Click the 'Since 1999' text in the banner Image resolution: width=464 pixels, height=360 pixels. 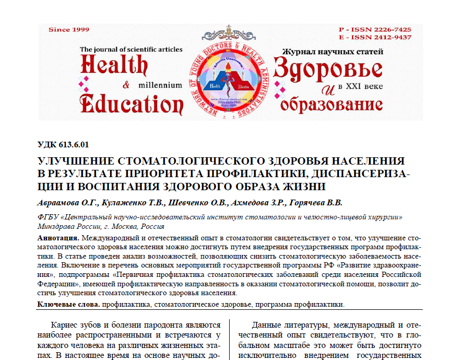point(68,30)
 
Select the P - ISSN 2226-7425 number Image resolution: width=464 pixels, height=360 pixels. point(375,29)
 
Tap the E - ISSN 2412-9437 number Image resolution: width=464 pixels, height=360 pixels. point(375,37)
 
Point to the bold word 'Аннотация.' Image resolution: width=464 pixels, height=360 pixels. point(59,238)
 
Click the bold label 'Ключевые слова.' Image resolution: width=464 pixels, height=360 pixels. point(69,304)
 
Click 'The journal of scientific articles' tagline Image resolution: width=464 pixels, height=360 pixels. point(131,50)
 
